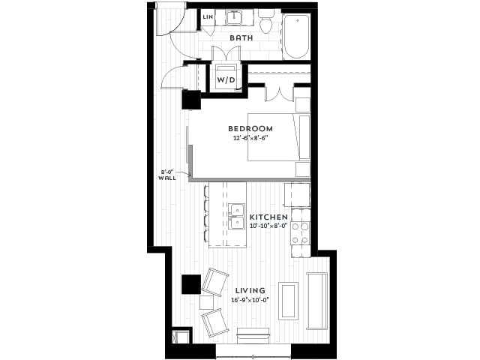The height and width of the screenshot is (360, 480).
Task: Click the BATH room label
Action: (x=241, y=38)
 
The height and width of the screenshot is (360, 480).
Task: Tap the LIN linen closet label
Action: (x=208, y=16)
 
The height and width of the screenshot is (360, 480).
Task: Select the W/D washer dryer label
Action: (x=226, y=80)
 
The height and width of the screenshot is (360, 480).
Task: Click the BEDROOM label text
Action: (x=250, y=128)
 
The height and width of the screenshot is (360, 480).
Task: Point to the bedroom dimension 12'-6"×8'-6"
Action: (x=250, y=138)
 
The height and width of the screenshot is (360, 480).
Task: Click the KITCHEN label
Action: (x=268, y=217)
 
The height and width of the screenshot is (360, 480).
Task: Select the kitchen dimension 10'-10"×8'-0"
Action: (x=268, y=226)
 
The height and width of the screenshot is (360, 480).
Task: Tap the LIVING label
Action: (x=250, y=290)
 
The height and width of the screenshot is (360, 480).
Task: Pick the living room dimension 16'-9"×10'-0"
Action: (x=250, y=300)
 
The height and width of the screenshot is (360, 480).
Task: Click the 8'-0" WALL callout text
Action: (x=167, y=175)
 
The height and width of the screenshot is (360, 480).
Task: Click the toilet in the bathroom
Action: (x=266, y=22)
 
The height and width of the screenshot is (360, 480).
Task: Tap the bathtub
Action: (x=295, y=37)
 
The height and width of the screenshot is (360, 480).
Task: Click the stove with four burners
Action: (x=300, y=233)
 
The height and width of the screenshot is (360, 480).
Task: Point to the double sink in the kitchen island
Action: (x=237, y=216)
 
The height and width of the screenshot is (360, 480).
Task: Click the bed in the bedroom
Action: (x=278, y=137)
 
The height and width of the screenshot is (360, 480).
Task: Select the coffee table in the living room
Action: (x=288, y=301)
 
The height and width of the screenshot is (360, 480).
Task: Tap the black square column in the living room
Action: (x=191, y=285)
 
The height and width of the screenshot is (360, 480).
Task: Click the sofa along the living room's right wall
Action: (x=317, y=301)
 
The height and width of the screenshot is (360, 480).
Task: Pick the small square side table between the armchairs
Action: (x=207, y=302)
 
